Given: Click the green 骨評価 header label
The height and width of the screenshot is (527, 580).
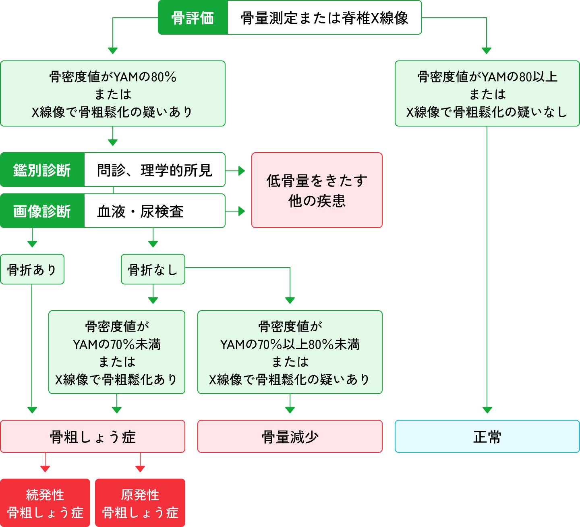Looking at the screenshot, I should click(x=193, y=18).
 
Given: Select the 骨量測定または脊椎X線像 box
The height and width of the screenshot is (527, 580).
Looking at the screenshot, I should click(x=324, y=18).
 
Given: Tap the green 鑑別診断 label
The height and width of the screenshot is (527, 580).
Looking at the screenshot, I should click(x=42, y=170).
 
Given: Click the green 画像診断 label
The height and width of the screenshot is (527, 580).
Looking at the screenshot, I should click(x=42, y=211).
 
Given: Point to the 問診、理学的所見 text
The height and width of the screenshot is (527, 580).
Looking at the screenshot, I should click(x=154, y=170).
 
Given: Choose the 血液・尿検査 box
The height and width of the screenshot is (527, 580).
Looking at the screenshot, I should click(x=154, y=211).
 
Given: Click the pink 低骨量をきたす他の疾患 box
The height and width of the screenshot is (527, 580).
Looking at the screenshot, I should click(x=317, y=190).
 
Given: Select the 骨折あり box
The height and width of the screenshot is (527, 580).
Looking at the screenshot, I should click(x=32, y=269).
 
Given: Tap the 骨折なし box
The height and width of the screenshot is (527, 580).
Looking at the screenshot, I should click(x=153, y=269).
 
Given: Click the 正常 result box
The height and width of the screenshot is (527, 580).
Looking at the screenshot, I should click(x=487, y=436).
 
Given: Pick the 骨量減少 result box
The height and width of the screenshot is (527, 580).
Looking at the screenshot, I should click(x=290, y=436).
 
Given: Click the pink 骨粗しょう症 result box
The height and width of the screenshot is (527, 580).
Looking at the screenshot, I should click(x=93, y=436).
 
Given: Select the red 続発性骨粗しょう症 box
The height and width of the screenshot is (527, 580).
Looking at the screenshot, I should click(x=45, y=503).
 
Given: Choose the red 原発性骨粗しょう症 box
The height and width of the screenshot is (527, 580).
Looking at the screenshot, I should click(x=140, y=503).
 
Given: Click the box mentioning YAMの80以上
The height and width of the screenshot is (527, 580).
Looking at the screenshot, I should click(x=487, y=93).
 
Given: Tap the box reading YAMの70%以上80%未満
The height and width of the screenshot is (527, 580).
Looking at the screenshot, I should click(x=290, y=352).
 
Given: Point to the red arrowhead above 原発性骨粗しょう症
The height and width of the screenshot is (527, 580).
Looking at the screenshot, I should click(x=140, y=469).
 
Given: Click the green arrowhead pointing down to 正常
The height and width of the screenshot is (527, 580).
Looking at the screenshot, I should click(x=487, y=410).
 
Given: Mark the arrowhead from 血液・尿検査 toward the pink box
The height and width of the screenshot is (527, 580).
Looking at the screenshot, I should click(x=242, y=211).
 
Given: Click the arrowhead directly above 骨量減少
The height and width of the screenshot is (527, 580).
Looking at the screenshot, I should click(x=290, y=410).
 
